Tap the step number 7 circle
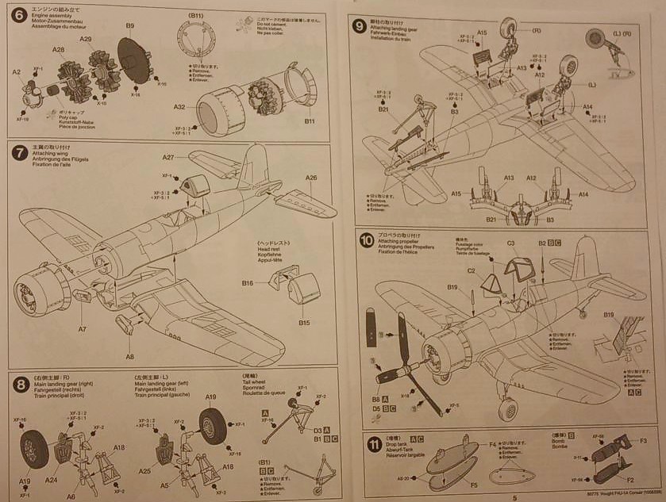pyautogui.click(x=19, y=153)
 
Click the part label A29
pyautogui.click(x=86, y=39)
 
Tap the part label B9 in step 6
pyautogui.click(x=129, y=26)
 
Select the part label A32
pyautogui.click(x=179, y=107)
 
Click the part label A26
pyautogui.click(x=310, y=178)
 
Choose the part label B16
pyautogui.click(x=248, y=282)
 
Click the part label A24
pyautogui.click(x=51, y=479)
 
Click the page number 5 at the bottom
pyautogui.click(x=503, y=496)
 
